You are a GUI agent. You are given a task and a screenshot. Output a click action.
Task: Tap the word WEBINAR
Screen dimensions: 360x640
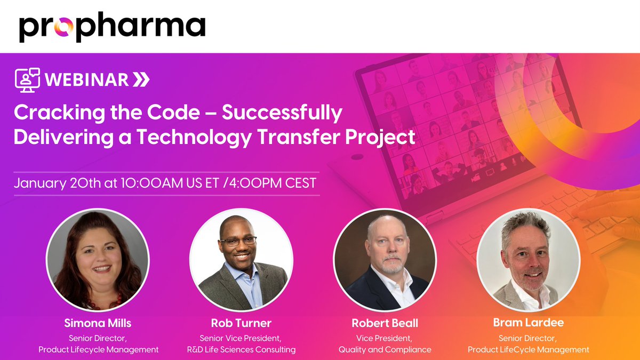pos(86,80)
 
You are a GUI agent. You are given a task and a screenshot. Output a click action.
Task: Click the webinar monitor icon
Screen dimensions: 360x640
pos(28,80)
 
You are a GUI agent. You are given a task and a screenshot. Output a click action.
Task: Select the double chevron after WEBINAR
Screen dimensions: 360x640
pos(141,80)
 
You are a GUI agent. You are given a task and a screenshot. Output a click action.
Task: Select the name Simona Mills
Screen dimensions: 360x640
pos(98,323)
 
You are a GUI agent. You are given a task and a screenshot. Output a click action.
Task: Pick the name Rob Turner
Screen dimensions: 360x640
pos(241,323)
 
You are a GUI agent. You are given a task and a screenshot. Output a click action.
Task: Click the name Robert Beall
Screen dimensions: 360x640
pos(385,323)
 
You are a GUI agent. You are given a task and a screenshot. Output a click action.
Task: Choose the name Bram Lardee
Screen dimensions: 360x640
pos(528,323)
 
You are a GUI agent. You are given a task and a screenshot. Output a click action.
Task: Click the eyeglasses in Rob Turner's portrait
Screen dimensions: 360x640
pos(238,241)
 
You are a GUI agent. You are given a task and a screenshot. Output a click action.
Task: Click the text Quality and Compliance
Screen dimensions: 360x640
pos(385,350)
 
